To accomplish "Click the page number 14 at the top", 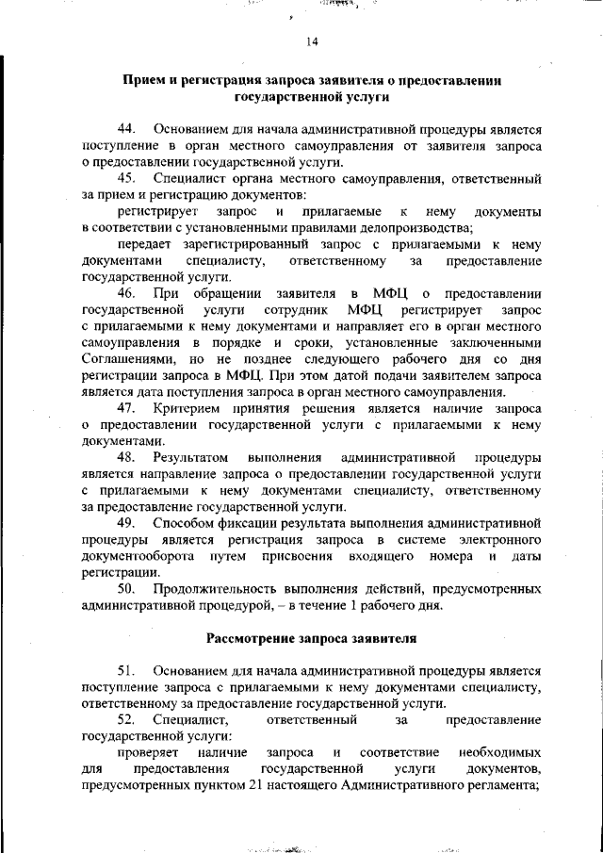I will coord(313,41).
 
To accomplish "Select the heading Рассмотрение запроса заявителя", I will coord(310,637).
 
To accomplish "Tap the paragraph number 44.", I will coord(127,127).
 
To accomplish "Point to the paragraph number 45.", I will coord(127,177).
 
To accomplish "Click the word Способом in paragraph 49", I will coord(185,522).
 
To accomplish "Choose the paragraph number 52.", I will coord(127,719).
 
